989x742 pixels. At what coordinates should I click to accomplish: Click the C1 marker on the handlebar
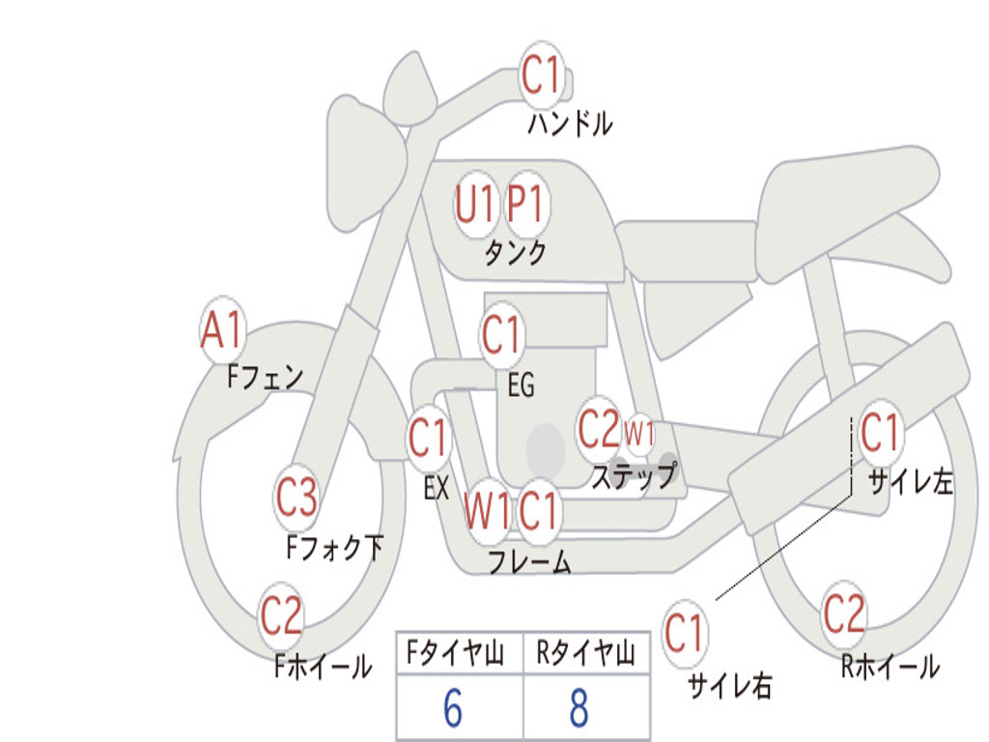click(541, 74)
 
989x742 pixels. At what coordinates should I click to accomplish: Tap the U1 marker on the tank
click(474, 204)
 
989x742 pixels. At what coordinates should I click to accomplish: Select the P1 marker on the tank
click(525, 204)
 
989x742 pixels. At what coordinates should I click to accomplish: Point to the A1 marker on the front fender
click(222, 329)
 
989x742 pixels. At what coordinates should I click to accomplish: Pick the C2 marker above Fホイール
click(281, 615)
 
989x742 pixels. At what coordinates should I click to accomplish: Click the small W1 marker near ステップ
click(639, 434)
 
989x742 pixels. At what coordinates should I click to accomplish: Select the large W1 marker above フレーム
click(487, 510)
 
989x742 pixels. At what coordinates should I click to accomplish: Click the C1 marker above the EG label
click(501, 333)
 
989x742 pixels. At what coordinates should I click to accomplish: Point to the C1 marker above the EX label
click(429, 438)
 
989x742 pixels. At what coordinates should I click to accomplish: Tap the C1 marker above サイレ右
click(685, 632)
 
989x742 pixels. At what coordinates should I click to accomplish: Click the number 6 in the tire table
click(453, 708)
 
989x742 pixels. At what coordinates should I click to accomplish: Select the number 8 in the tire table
click(579, 708)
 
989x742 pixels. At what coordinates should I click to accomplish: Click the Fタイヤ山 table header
click(455, 652)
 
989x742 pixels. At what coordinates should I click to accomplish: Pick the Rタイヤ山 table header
click(585, 652)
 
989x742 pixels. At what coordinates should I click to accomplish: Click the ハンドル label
click(570, 124)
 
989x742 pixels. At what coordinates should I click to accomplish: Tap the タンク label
click(515, 252)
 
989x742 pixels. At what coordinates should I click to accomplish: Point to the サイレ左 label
click(910, 482)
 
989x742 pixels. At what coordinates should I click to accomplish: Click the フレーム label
click(529, 561)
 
